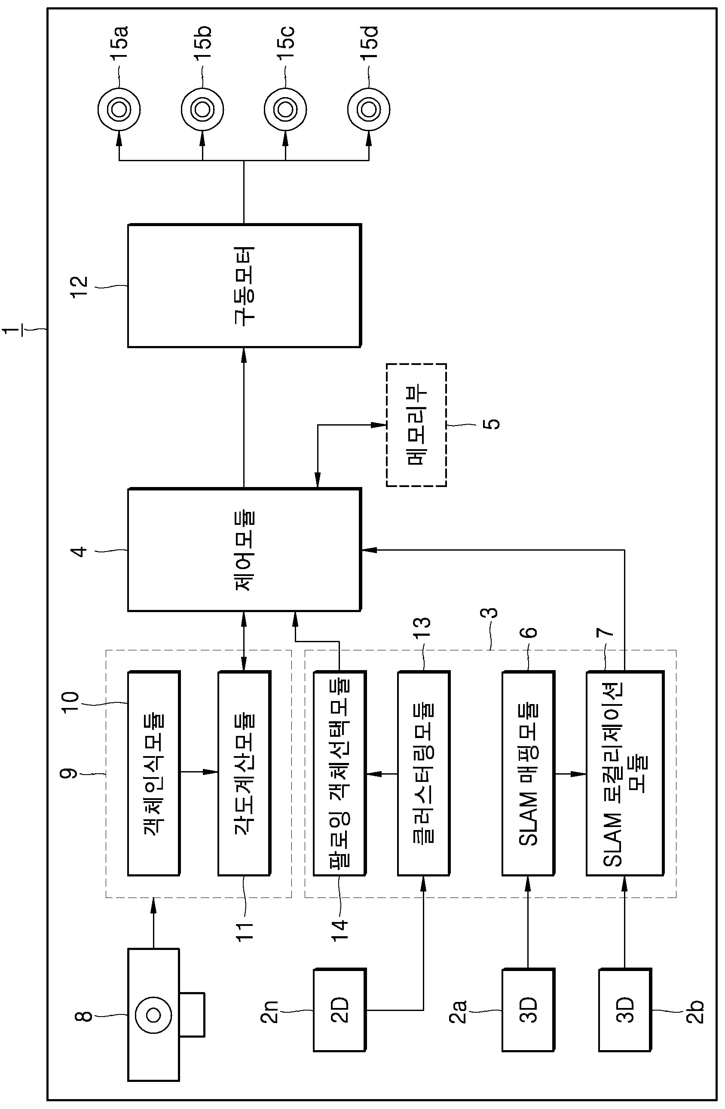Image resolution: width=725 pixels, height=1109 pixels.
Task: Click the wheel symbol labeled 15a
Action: pos(119,110)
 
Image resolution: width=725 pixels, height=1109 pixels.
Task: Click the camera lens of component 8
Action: pos(153,1015)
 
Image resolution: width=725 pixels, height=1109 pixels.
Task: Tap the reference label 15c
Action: pos(285,43)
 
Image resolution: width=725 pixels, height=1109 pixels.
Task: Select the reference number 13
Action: pos(422,628)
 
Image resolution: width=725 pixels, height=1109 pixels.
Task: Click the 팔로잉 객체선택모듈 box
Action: pos(340,773)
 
